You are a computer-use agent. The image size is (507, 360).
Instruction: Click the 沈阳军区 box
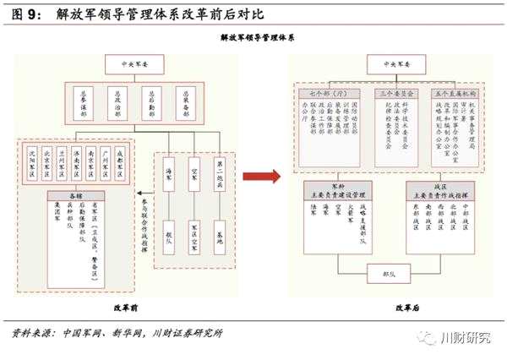pos(34,165)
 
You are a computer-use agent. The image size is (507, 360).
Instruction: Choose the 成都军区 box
pos(119,165)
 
